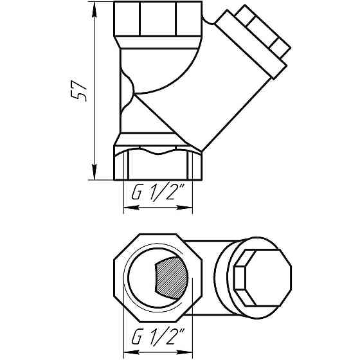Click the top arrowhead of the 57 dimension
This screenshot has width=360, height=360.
[x=94, y=8]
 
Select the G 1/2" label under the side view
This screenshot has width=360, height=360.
[x=157, y=193]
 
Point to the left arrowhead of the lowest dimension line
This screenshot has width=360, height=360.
[x=127, y=351]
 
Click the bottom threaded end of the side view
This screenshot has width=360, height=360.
[x=157, y=165]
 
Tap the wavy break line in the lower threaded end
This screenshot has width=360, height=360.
[x=157, y=152]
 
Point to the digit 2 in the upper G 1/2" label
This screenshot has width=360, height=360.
[x=179, y=193]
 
